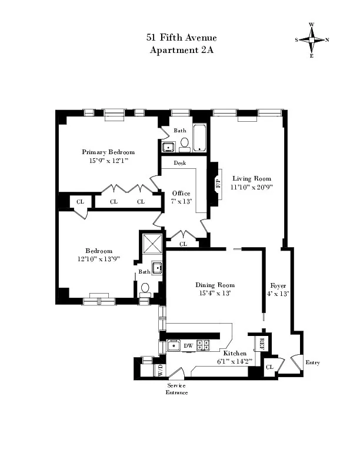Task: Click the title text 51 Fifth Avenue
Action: click(x=180, y=38)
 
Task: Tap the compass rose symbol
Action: click(x=311, y=40)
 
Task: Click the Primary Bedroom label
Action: click(x=108, y=152)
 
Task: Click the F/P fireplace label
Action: click(x=218, y=181)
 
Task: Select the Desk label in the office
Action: click(x=180, y=163)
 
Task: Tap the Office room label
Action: click(x=181, y=193)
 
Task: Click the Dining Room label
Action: click(x=213, y=285)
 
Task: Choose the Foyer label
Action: click(x=277, y=285)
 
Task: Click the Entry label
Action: click(x=312, y=362)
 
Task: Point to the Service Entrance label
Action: click(x=176, y=389)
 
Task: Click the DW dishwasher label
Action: click(x=188, y=345)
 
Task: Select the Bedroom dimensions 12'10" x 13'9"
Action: click(x=95, y=258)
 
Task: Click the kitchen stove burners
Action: click(x=203, y=345)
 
